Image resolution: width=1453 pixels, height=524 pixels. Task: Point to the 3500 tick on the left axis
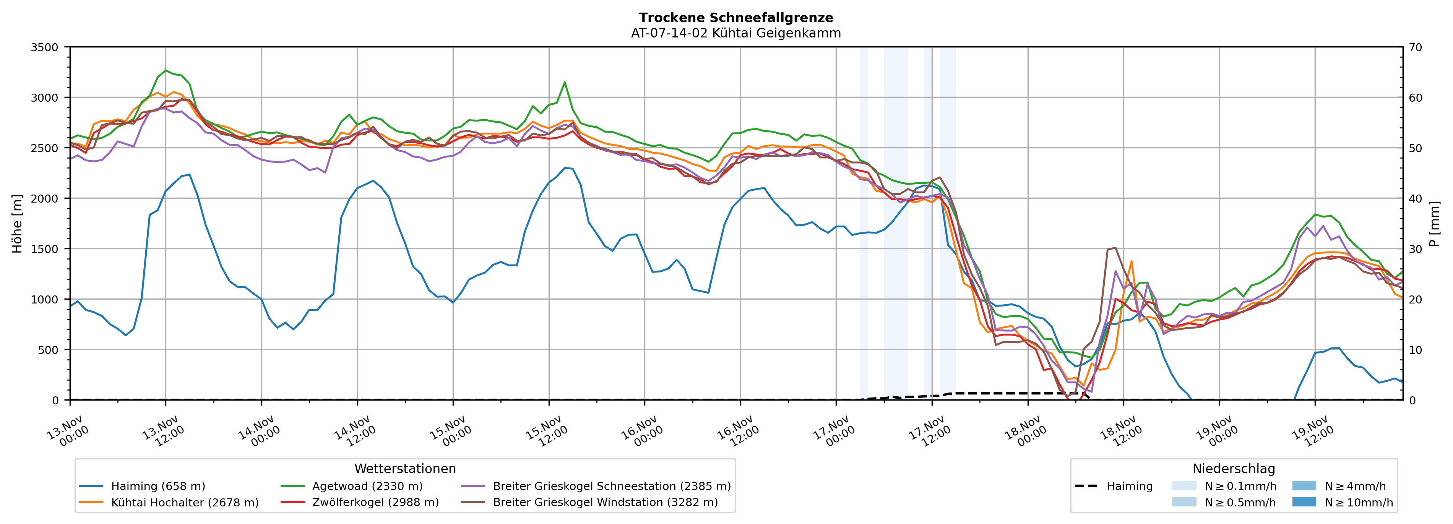45,47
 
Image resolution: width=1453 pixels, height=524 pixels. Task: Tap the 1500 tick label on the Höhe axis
45,249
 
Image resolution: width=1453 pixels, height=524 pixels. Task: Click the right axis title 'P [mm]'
1434,224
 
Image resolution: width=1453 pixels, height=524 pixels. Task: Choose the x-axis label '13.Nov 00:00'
67,432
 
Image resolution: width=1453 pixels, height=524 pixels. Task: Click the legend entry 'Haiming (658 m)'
158,486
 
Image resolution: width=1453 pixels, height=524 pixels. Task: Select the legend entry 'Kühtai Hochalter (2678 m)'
185,503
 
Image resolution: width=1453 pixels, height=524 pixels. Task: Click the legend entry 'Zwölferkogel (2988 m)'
375,503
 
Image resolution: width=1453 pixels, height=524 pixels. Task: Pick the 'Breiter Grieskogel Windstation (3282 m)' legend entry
605,503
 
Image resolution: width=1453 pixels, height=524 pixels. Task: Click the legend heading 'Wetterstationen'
405,469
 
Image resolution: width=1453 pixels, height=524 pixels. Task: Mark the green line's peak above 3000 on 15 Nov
565,82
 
